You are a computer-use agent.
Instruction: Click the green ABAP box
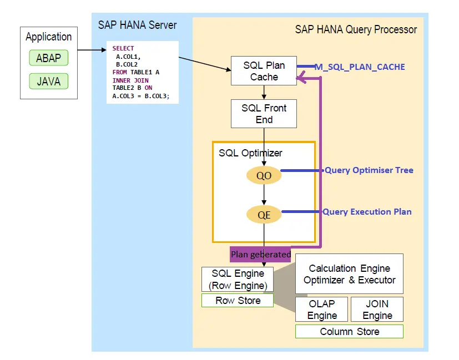(x=49, y=58)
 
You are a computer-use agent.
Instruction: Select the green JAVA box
(x=49, y=82)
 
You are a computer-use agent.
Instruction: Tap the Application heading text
(x=49, y=37)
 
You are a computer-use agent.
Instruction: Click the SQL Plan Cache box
(x=264, y=71)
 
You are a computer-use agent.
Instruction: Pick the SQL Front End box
(x=264, y=114)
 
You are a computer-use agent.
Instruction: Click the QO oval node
(x=264, y=176)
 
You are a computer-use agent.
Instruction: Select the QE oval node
(x=264, y=214)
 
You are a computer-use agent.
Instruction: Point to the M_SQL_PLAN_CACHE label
(x=360, y=67)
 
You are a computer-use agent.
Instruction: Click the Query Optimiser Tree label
(x=369, y=170)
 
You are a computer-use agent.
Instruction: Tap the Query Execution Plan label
(x=367, y=211)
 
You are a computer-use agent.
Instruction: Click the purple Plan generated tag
(x=261, y=254)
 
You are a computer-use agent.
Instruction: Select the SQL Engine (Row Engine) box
(x=238, y=280)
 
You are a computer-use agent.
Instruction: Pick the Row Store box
(x=238, y=301)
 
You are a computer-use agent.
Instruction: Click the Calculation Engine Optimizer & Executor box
(x=349, y=274)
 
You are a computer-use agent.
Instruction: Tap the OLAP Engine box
(x=322, y=310)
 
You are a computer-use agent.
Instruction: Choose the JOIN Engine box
(x=377, y=310)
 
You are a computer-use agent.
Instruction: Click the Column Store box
(x=349, y=332)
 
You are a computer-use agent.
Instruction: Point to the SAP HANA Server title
(x=137, y=25)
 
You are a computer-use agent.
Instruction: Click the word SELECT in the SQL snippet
(x=123, y=49)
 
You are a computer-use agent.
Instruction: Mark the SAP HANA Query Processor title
(x=356, y=29)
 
